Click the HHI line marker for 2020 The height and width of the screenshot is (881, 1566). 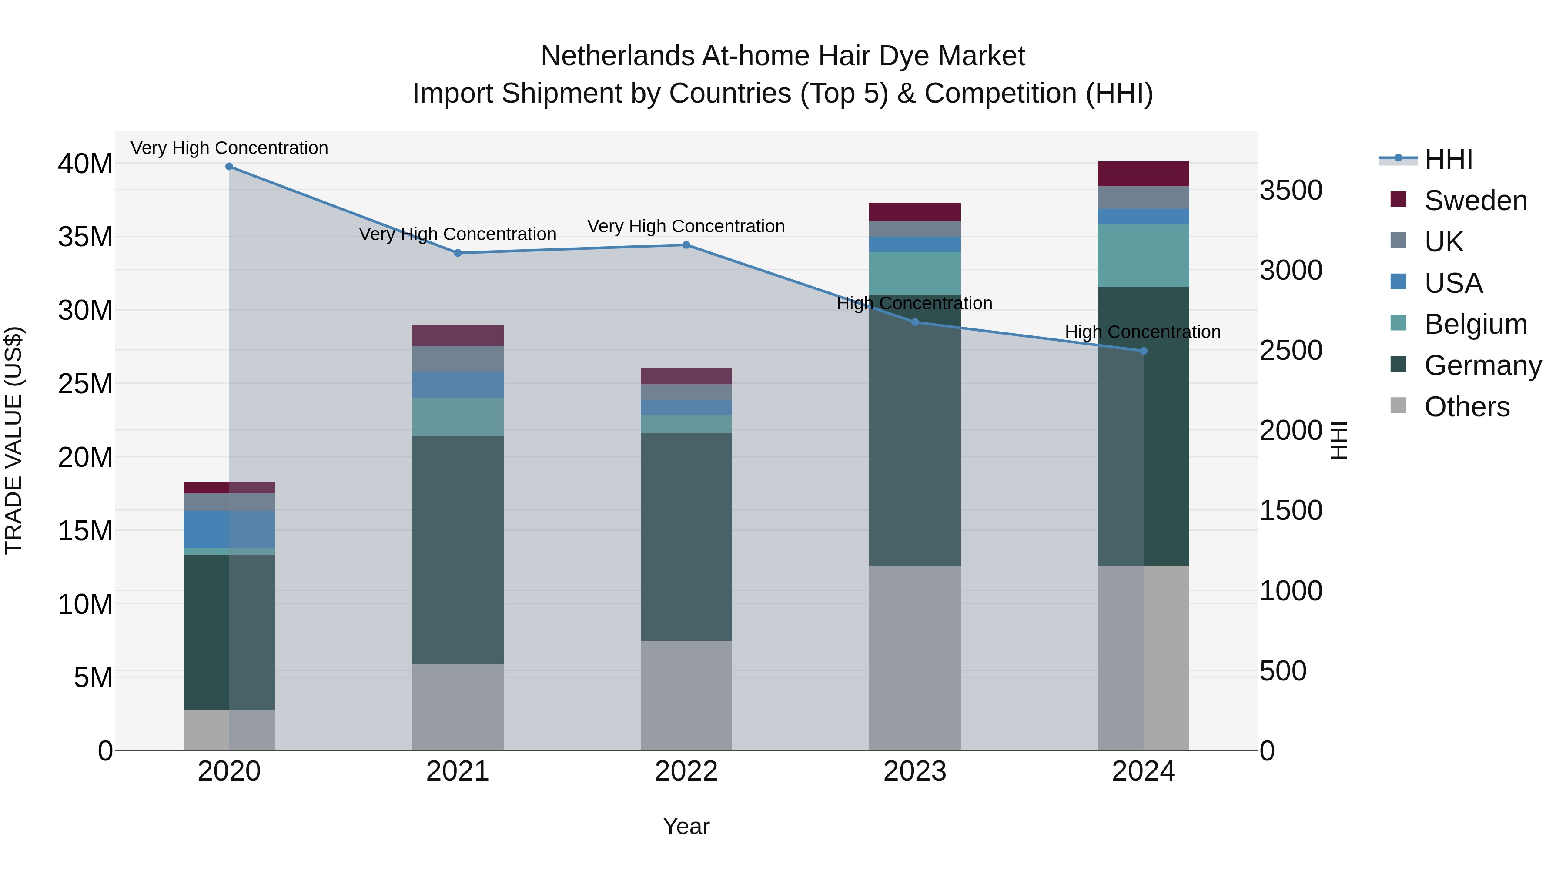point(229,167)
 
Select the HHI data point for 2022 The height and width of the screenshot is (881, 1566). point(686,245)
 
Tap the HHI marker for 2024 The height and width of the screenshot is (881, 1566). point(1144,351)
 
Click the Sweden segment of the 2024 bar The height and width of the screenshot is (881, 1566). point(1144,174)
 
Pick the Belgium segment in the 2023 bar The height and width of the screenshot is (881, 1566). point(915,273)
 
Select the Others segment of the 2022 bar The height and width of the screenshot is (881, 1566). point(686,695)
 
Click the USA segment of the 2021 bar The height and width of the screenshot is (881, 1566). point(458,384)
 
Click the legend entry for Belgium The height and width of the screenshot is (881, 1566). point(1476,324)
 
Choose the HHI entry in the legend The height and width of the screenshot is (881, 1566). point(1448,159)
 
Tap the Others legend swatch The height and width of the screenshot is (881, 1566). point(1398,405)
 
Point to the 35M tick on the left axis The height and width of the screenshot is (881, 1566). point(85,237)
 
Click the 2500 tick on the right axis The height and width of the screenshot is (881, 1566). point(1291,351)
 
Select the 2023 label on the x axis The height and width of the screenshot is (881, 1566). point(915,771)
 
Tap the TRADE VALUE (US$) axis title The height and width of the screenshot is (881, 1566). point(13,440)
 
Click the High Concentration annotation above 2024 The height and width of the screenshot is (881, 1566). point(1143,332)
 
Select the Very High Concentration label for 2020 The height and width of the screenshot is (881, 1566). point(229,148)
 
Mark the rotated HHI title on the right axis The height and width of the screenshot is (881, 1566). point(1338,440)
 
